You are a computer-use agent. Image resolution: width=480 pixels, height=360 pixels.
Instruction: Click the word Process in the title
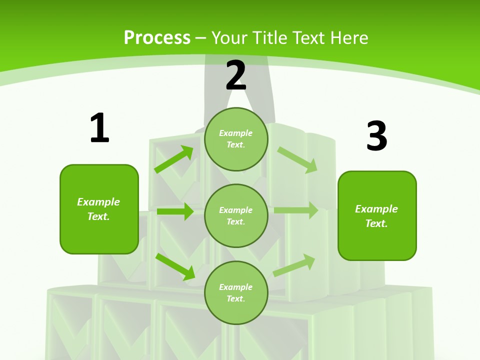(x=157, y=38)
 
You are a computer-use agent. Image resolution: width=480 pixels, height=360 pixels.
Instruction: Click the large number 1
(x=99, y=128)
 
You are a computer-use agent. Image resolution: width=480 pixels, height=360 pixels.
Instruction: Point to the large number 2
(x=236, y=75)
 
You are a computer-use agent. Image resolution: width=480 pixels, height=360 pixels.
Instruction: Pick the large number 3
(x=376, y=136)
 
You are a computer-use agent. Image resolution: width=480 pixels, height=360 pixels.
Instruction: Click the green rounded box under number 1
(x=99, y=209)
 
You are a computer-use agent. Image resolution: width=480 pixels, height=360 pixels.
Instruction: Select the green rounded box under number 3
(x=377, y=216)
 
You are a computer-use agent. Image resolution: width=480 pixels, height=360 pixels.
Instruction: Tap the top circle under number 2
(x=236, y=139)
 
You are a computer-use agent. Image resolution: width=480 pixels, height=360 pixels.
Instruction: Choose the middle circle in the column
(x=236, y=215)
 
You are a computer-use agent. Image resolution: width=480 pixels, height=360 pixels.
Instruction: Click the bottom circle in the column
(x=236, y=292)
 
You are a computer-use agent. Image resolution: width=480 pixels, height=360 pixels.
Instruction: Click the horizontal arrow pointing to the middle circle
(x=175, y=211)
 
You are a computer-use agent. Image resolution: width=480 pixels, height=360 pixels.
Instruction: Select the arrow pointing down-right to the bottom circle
(x=175, y=266)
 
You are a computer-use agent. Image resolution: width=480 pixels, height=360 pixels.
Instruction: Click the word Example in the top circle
(x=236, y=133)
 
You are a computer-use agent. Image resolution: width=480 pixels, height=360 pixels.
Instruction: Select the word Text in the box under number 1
(x=98, y=216)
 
